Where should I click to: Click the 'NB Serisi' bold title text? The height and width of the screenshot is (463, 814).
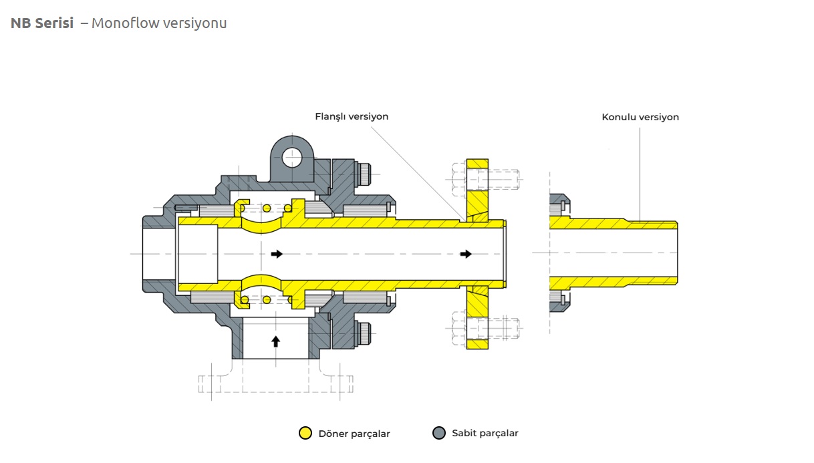[42, 23]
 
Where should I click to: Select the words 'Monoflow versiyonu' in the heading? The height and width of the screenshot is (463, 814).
[159, 23]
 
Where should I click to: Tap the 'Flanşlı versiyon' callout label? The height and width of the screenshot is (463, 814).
[352, 116]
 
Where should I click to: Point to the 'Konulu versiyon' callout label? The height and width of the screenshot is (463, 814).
[640, 117]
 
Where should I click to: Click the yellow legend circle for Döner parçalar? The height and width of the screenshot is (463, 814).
[305, 433]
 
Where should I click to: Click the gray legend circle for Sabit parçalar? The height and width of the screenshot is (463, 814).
[439, 433]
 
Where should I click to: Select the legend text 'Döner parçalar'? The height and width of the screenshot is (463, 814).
[354, 434]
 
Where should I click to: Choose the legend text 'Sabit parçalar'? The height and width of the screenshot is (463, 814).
[485, 433]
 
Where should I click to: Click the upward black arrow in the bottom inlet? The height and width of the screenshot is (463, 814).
[276, 341]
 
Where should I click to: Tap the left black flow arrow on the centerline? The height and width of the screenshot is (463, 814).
[277, 254]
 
